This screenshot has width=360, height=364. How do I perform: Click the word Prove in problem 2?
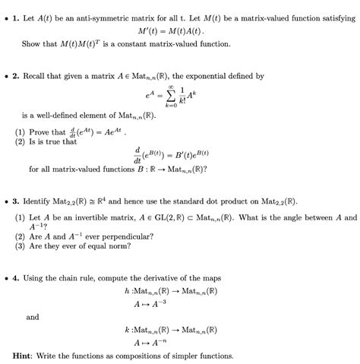point(39,131)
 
